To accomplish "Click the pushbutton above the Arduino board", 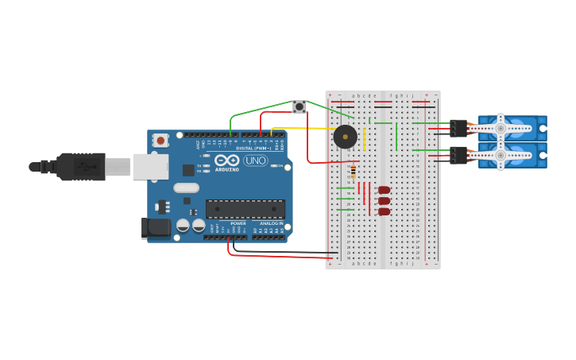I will click(x=300, y=106).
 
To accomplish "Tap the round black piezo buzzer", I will click(x=345, y=137).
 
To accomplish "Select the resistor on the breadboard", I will click(x=354, y=172).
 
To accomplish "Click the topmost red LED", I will click(x=384, y=190).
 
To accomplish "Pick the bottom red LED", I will click(x=384, y=211).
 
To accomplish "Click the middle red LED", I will click(x=384, y=201).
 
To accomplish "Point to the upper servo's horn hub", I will click(x=501, y=128).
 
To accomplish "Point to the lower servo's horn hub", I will click(x=501, y=155).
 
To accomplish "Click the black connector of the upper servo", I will click(x=458, y=128).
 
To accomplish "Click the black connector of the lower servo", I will click(x=458, y=155).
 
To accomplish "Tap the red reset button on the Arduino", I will click(x=161, y=141).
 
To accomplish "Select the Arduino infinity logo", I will click(x=227, y=161).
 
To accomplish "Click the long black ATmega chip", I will click(x=245, y=209).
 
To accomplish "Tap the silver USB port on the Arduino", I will click(x=150, y=167).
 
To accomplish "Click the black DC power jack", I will click(x=156, y=228).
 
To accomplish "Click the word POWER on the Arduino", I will click(x=238, y=223).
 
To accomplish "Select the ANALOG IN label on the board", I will click(x=271, y=223).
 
